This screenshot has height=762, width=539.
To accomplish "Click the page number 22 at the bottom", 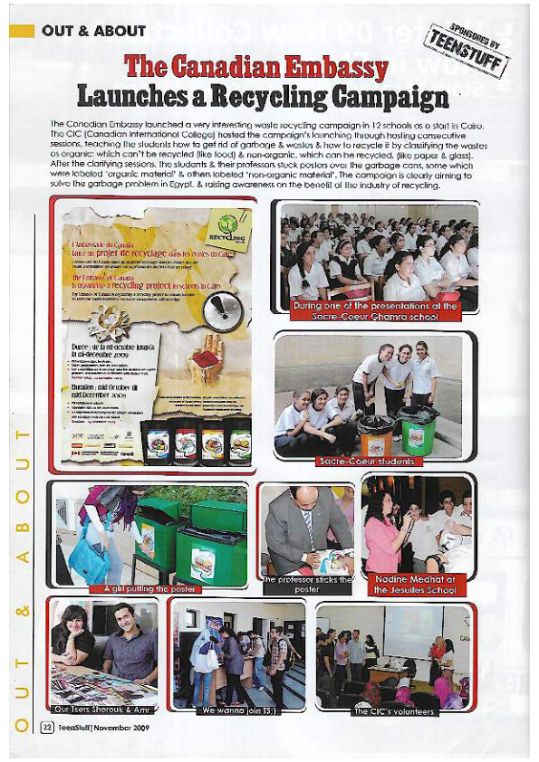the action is point(45,728).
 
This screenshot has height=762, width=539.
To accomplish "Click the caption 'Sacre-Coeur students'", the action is point(367,461).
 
